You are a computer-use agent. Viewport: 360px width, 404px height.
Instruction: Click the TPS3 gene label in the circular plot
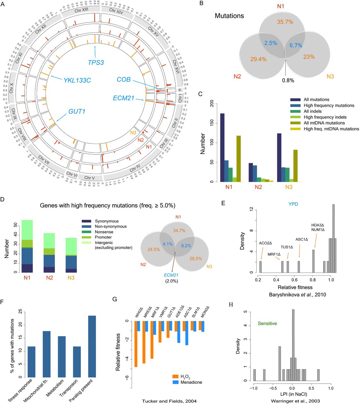coord(96,62)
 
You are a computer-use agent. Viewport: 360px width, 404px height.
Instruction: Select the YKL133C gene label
coord(77,80)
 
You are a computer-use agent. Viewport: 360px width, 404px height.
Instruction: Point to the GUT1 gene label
coord(77,111)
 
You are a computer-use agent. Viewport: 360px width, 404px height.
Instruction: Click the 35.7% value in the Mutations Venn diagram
coord(285,22)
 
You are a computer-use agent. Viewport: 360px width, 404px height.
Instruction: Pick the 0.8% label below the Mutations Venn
coord(288,80)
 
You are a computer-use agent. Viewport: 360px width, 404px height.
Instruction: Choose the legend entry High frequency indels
coord(325,117)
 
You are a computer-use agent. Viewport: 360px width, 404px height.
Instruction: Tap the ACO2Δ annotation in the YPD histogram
coord(265,243)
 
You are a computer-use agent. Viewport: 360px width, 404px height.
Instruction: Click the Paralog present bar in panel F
coord(92,346)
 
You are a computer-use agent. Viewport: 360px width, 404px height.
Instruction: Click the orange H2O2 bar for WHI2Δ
coord(136,344)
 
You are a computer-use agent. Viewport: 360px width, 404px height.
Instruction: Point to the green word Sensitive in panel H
coord(267,324)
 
